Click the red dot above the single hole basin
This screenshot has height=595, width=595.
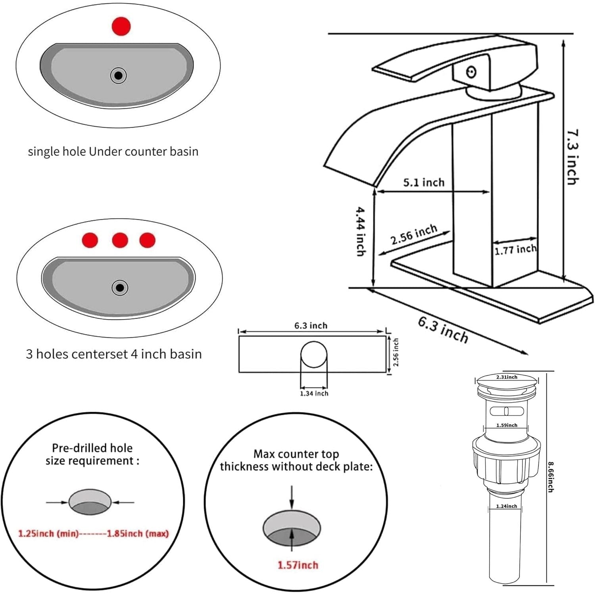tap(121, 26)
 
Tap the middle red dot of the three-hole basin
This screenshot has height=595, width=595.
tap(120, 240)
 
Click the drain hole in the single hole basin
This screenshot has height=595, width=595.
tap(118, 75)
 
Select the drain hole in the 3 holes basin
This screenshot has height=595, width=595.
tap(120, 287)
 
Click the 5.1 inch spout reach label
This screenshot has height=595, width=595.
tap(424, 182)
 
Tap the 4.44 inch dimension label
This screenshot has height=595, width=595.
tap(360, 231)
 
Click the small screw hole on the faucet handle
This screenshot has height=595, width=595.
tap(471, 72)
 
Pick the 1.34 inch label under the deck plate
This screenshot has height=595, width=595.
tap(314, 393)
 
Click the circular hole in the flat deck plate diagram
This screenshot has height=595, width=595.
tap(314, 355)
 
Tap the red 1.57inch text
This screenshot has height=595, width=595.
tap(297, 565)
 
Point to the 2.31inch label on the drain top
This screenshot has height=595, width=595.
tap(507, 377)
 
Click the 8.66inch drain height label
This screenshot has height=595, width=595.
tap(550, 476)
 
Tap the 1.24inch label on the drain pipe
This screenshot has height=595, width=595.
tap(507, 506)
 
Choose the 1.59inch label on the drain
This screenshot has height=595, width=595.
tap(507, 425)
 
